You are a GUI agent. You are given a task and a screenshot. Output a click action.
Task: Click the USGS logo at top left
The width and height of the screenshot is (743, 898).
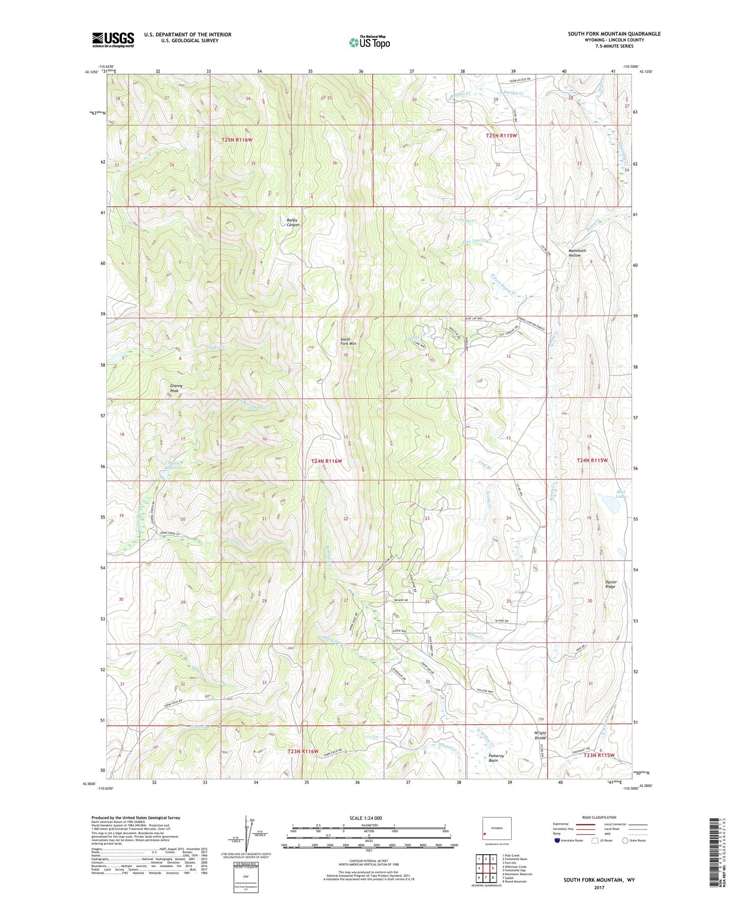click(113, 40)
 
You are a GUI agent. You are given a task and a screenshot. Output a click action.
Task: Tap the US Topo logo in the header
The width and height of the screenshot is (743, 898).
click(369, 42)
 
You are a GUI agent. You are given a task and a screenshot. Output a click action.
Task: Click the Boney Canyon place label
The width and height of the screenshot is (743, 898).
click(293, 222)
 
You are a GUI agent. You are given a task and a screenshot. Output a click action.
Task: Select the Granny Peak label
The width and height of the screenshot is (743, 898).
click(176, 388)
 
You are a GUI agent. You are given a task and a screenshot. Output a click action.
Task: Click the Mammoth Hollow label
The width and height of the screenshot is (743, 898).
click(577, 253)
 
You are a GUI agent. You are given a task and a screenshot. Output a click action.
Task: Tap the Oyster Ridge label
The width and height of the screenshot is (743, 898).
click(610, 584)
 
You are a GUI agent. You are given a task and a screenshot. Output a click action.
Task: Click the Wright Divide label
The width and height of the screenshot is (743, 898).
click(540, 735)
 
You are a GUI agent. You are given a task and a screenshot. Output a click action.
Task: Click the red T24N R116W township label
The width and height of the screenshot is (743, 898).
click(327, 461)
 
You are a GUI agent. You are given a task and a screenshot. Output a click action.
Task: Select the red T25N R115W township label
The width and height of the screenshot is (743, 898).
click(501, 136)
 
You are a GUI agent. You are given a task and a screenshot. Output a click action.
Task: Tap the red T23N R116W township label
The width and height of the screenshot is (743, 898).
click(302, 751)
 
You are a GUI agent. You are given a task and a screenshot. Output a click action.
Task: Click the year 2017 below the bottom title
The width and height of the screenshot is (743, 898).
click(599, 887)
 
